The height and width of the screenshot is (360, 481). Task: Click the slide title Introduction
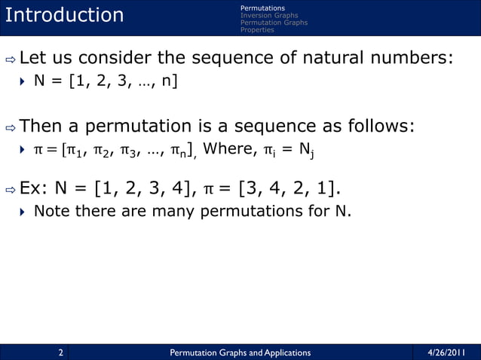click(x=64, y=15)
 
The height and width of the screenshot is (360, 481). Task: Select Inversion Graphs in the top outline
click(x=268, y=15)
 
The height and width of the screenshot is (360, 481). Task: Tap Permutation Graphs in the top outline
click(x=274, y=23)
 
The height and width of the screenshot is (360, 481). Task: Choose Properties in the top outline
click(x=257, y=30)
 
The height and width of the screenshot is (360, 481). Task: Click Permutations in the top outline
click(x=262, y=8)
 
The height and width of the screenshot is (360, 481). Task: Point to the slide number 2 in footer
click(x=60, y=352)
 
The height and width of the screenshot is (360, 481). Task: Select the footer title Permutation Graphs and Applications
click(x=240, y=352)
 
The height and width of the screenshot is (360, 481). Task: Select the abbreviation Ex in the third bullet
click(x=32, y=188)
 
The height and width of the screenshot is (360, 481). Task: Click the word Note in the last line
click(x=51, y=212)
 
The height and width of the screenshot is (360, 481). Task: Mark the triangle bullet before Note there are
click(x=23, y=212)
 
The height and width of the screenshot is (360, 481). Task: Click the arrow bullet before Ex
click(x=10, y=188)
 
